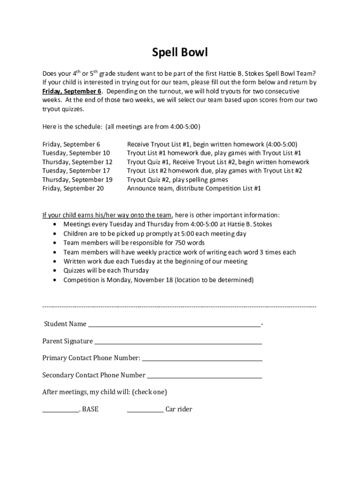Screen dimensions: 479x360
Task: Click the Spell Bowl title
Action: pos(180,52)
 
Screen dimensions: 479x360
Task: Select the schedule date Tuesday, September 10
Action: pos(76,153)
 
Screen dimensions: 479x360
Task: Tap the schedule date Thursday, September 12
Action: pos(78,162)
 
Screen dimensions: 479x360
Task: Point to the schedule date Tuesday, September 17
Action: pos(76,171)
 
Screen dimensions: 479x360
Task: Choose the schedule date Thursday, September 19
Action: pos(78,180)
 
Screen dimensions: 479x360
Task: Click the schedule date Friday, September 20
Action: pos(73,189)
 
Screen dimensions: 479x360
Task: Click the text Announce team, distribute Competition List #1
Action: pos(194,189)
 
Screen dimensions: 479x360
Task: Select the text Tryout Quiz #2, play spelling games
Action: pos(178,180)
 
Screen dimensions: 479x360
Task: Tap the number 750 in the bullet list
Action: pos(180,243)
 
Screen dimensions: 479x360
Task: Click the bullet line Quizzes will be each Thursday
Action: pos(106,270)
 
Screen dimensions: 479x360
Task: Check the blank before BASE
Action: pos(60,411)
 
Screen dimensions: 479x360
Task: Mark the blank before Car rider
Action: pos(145,411)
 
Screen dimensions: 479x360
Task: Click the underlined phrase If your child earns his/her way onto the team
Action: pos(107,215)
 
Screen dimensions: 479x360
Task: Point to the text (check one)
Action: pos(150,392)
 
